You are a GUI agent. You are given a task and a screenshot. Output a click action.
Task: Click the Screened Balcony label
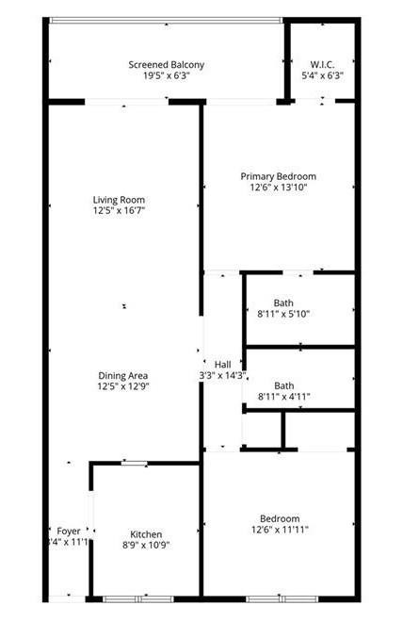click(166, 65)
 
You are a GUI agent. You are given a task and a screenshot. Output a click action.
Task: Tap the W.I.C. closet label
click(322, 65)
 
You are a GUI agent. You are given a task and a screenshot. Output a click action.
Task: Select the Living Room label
click(119, 200)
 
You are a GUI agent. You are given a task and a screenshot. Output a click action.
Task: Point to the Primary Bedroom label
click(278, 176)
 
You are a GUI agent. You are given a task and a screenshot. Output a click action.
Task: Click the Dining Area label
click(124, 376)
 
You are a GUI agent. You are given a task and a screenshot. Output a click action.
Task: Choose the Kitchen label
click(146, 534)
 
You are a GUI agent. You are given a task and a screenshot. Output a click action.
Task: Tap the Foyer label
click(69, 531)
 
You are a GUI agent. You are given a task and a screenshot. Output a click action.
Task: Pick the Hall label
click(222, 365)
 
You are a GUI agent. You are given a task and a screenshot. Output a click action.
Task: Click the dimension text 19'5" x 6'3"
click(167, 76)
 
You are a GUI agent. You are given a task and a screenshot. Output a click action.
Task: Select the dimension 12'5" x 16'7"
click(119, 211)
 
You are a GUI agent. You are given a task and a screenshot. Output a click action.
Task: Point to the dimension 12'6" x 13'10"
click(279, 188)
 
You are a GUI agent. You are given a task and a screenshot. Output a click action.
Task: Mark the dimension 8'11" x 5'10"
click(283, 314)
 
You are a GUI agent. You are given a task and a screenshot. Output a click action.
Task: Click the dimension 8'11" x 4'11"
click(283, 397)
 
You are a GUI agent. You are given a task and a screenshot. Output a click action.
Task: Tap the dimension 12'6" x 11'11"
click(280, 530)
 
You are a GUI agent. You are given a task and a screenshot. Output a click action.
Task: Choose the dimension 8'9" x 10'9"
click(145, 545)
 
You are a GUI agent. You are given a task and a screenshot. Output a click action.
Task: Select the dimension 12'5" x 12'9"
click(124, 386)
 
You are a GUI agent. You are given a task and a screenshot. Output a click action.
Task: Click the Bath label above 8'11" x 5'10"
click(283, 303)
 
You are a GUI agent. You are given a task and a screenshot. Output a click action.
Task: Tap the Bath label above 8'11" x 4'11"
click(283, 385)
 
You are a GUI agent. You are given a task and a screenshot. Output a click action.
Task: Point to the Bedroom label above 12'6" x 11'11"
click(280, 518)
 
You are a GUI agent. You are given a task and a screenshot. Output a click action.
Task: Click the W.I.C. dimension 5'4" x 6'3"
click(322, 76)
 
